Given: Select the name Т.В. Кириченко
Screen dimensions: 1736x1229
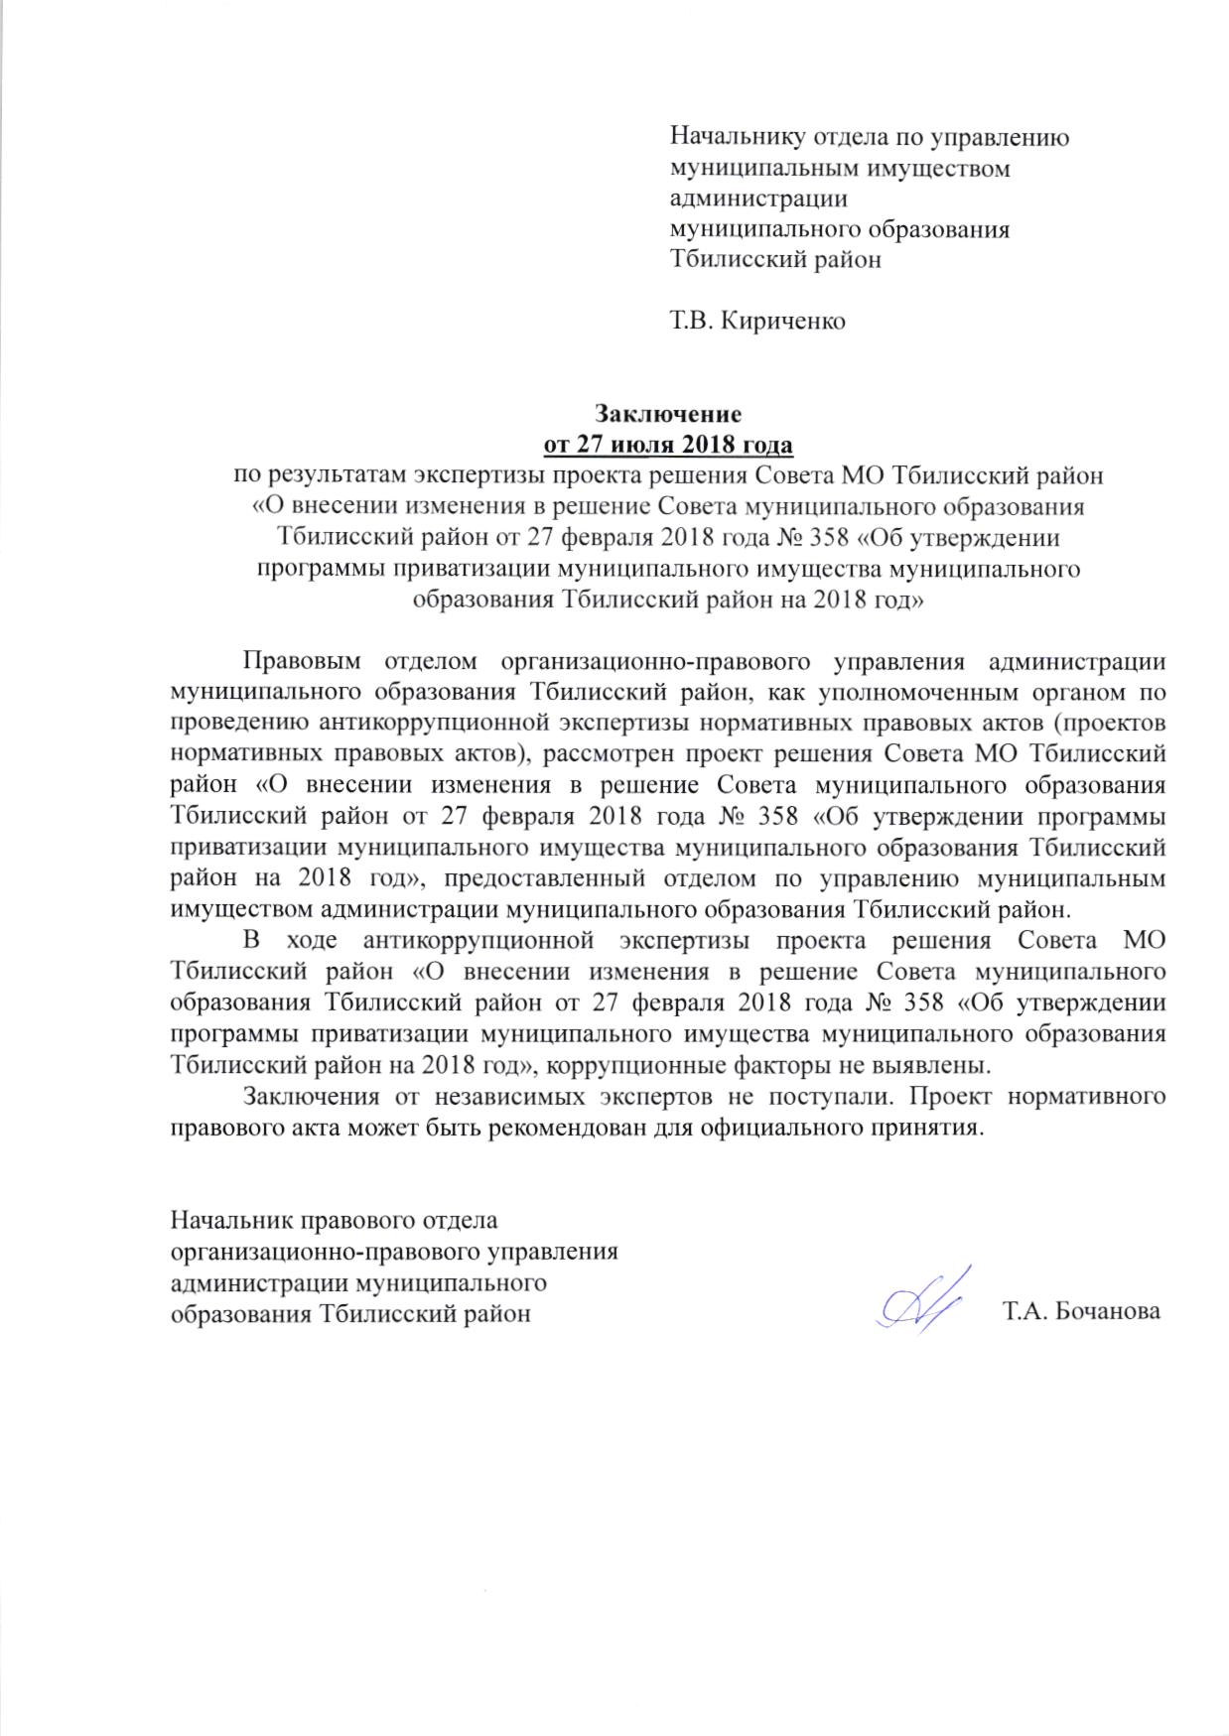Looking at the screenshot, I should point(758,322).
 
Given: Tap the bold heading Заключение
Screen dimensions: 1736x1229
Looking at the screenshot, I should point(667,411).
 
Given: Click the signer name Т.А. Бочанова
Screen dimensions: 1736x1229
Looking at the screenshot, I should point(1081,1311).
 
